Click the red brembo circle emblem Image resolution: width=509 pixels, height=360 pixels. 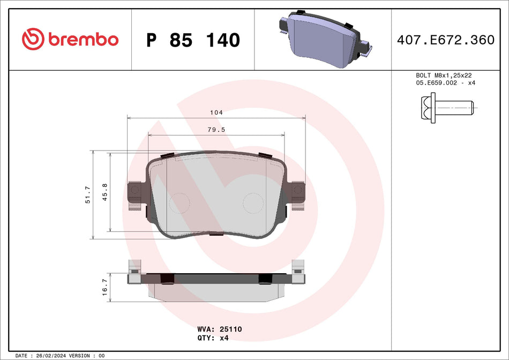pos(32,39)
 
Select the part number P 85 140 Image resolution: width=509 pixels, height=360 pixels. pos(193,40)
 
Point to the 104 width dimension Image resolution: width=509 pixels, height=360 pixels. pos(216,113)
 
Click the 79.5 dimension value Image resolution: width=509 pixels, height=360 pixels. pos(216,129)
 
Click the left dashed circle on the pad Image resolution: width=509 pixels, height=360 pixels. pos(179,203)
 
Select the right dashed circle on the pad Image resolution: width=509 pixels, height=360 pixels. pos(253,203)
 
